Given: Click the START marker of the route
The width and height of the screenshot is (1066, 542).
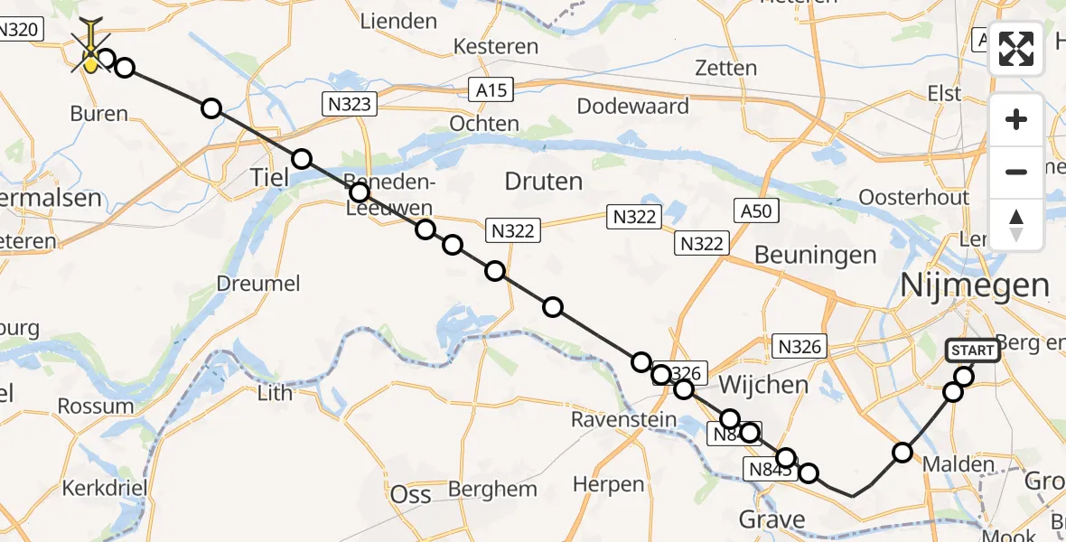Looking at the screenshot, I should click(972, 350).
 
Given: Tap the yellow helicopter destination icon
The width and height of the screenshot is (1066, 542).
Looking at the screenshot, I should click(91, 60).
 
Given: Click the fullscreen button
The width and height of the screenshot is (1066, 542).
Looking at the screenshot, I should click(1016, 49).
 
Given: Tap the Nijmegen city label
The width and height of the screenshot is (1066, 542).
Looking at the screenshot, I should click(975, 286).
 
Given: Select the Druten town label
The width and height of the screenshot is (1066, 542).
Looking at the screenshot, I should click(543, 182).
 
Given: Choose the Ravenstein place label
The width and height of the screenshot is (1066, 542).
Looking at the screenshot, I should click(623, 420).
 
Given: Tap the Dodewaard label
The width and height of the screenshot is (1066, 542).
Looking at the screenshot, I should click(632, 107).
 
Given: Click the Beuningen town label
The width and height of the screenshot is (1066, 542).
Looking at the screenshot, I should click(815, 255).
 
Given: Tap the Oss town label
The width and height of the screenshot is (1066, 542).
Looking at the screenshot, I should click(410, 494).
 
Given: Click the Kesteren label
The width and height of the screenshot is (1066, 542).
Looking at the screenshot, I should click(496, 46).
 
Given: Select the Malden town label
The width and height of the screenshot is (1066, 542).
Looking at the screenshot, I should click(959, 465).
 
